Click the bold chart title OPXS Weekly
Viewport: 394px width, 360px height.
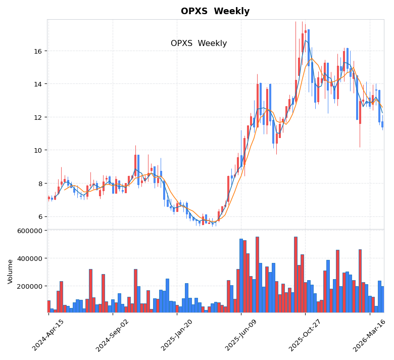(x=215, y=12)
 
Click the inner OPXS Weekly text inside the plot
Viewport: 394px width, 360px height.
(x=199, y=43)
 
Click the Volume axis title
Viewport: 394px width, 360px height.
(x=10, y=272)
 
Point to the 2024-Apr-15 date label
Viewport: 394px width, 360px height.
(x=48, y=335)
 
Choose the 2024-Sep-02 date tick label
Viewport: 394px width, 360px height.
(x=113, y=335)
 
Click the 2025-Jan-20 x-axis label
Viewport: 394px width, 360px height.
(x=177, y=335)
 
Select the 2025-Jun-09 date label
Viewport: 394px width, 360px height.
(x=241, y=335)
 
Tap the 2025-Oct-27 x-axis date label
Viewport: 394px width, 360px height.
(x=305, y=335)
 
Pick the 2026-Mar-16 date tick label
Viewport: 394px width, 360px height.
(x=369, y=335)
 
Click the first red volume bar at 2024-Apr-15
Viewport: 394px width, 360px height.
(x=49, y=306)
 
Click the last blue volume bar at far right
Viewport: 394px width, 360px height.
(x=382, y=299)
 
